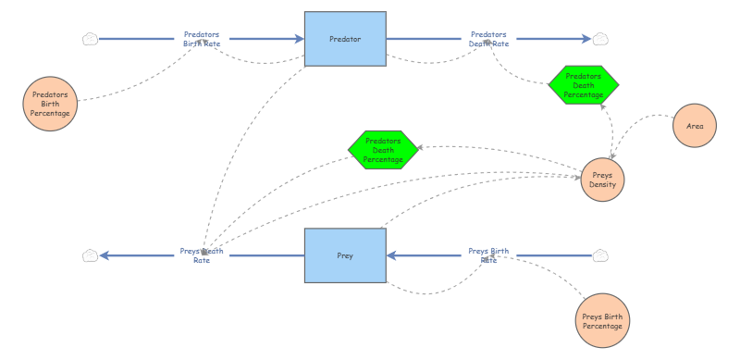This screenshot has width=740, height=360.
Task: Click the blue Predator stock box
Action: (x=345, y=39)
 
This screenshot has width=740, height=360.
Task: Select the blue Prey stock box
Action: (x=345, y=255)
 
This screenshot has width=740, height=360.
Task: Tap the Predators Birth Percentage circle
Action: (x=50, y=104)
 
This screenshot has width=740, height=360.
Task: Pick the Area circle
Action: (x=695, y=126)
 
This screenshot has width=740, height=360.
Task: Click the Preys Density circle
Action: (x=603, y=180)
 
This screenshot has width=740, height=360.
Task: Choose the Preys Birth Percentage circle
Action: (x=602, y=321)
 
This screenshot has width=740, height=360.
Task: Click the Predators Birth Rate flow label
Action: (x=202, y=39)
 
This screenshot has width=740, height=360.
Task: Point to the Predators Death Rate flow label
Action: (x=489, y=39)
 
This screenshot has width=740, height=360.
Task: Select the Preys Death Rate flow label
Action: (x=202, y=255)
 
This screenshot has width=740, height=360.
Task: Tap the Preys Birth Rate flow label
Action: (x=489, y=255)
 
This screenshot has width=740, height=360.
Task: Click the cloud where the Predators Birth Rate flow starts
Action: (x=90, y=39)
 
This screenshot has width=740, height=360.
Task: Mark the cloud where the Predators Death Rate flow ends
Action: (x=600, y=39)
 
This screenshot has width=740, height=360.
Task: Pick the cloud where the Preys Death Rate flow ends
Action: (x=90, y=255)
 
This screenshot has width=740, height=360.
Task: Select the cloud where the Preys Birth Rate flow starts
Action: (x=600, y=255)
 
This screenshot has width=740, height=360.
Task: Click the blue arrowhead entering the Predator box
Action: (x=300, y=39)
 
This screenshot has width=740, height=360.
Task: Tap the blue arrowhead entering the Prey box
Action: (x=391, y=255)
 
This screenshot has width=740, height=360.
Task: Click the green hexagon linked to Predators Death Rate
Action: (x=584, y=85)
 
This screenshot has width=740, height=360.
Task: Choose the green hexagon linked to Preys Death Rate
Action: (x=383, y=150)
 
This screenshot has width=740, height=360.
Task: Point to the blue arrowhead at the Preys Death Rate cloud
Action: (x=105, y=255)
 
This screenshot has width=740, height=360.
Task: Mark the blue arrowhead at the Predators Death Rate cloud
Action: (x=586, y=39)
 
